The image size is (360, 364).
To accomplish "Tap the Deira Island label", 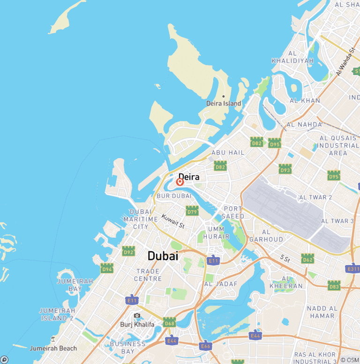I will (224, 103).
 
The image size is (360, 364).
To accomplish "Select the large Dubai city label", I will (163, 256).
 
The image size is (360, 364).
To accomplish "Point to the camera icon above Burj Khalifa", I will (137, 316).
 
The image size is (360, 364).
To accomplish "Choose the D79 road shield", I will (192, 211).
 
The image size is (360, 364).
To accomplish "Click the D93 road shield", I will (285, 169).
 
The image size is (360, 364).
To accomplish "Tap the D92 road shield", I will (128, 251).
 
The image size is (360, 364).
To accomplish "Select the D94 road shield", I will (107, 268).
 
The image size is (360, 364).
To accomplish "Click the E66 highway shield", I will (205, 346).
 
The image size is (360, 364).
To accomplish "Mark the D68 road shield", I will (170, 322).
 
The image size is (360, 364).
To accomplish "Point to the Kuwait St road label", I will (173, 221).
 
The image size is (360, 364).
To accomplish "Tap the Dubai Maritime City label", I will (141, 219).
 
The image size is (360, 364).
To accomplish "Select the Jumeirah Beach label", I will (53, 349).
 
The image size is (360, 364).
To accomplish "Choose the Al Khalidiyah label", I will (292, 57).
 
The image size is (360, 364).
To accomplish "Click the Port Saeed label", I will (233, 212).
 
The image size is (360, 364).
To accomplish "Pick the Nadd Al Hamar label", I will (322, 312).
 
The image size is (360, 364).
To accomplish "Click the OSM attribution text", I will (350, 360).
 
